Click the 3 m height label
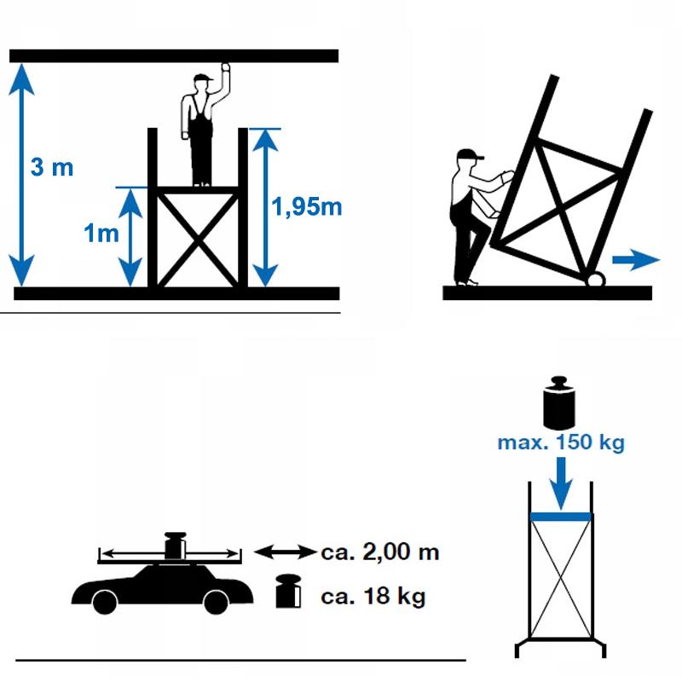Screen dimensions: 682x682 click(x=52, y=167)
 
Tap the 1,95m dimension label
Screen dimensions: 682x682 click(x=307, y=206)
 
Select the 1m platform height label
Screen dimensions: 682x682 click(x=101, y=233)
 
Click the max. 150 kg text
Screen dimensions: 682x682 click(x=561, y=442)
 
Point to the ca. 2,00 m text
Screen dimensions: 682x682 click(x=380, y=552)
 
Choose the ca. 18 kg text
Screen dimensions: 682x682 click(x=373, y=596)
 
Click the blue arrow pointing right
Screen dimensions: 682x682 click(x=636, y=260)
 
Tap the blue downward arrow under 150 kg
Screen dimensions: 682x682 click(x=561, y=483)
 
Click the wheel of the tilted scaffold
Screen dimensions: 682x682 click(x=595, y=280)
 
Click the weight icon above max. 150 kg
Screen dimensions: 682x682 click(x=559, y=403)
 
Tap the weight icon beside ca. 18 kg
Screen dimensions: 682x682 click(x=288, y=591)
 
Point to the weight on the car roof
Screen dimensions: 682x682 click(x=176, y=546)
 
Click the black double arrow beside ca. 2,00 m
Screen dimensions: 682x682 click(x=285, y=552)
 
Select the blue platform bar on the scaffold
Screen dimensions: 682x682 click(x=561, y=517)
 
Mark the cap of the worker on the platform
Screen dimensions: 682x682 click(x=203, y=78)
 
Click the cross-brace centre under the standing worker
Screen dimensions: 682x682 click(x=199, y=238)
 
